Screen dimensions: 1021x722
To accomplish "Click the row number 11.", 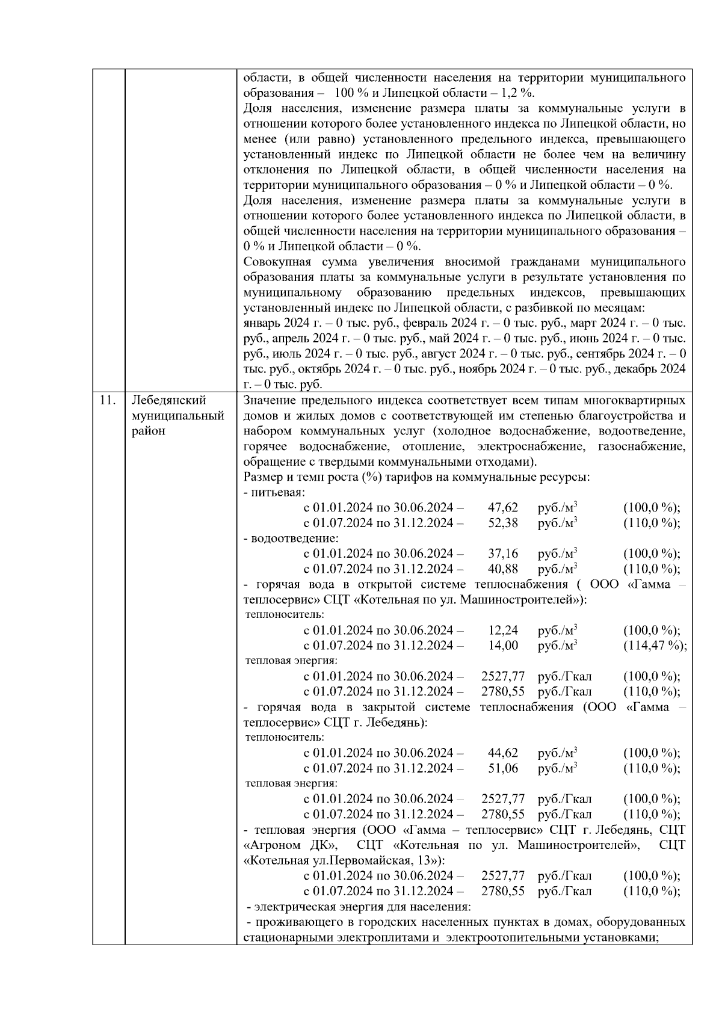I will (x=107, y=401).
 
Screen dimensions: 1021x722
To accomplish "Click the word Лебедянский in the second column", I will (x=168, y=401).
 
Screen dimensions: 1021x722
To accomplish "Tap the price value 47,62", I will (x=502, y=508).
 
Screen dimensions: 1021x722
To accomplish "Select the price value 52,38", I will (x=502, y=523).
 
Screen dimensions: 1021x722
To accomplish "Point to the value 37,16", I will (x=502, y=554).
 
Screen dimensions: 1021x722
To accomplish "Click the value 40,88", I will (x=502, y=569).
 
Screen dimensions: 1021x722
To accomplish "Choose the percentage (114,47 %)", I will (x=655, y=646).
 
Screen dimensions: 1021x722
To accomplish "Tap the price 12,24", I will (x=502, y=631).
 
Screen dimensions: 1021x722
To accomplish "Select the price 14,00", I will (x=502, y=646).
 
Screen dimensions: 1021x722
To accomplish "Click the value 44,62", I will (x=502, y=753).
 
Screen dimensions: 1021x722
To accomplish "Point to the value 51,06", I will (x=502, y=768).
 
